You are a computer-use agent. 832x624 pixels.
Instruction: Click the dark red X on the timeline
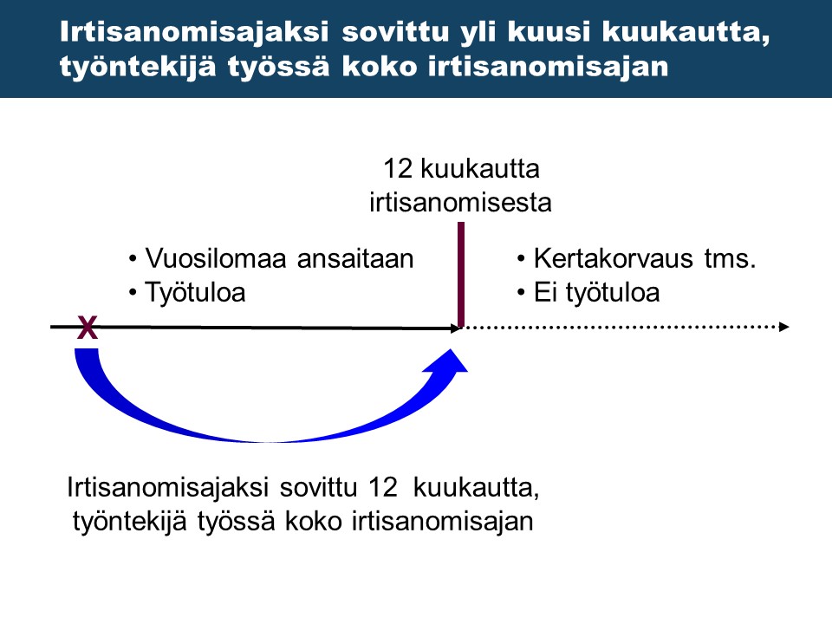tap(87, 328)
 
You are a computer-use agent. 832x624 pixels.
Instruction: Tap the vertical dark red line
tap(461, 273)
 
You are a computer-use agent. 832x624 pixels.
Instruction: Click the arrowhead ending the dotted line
tap(783, 327)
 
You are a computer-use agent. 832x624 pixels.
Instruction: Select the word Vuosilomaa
tap(205, 259)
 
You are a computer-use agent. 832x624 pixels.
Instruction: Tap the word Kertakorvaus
tap(612, 259)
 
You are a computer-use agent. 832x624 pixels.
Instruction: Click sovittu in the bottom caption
tap(319, 488)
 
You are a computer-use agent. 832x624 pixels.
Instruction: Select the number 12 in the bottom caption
tap(381, 488)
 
